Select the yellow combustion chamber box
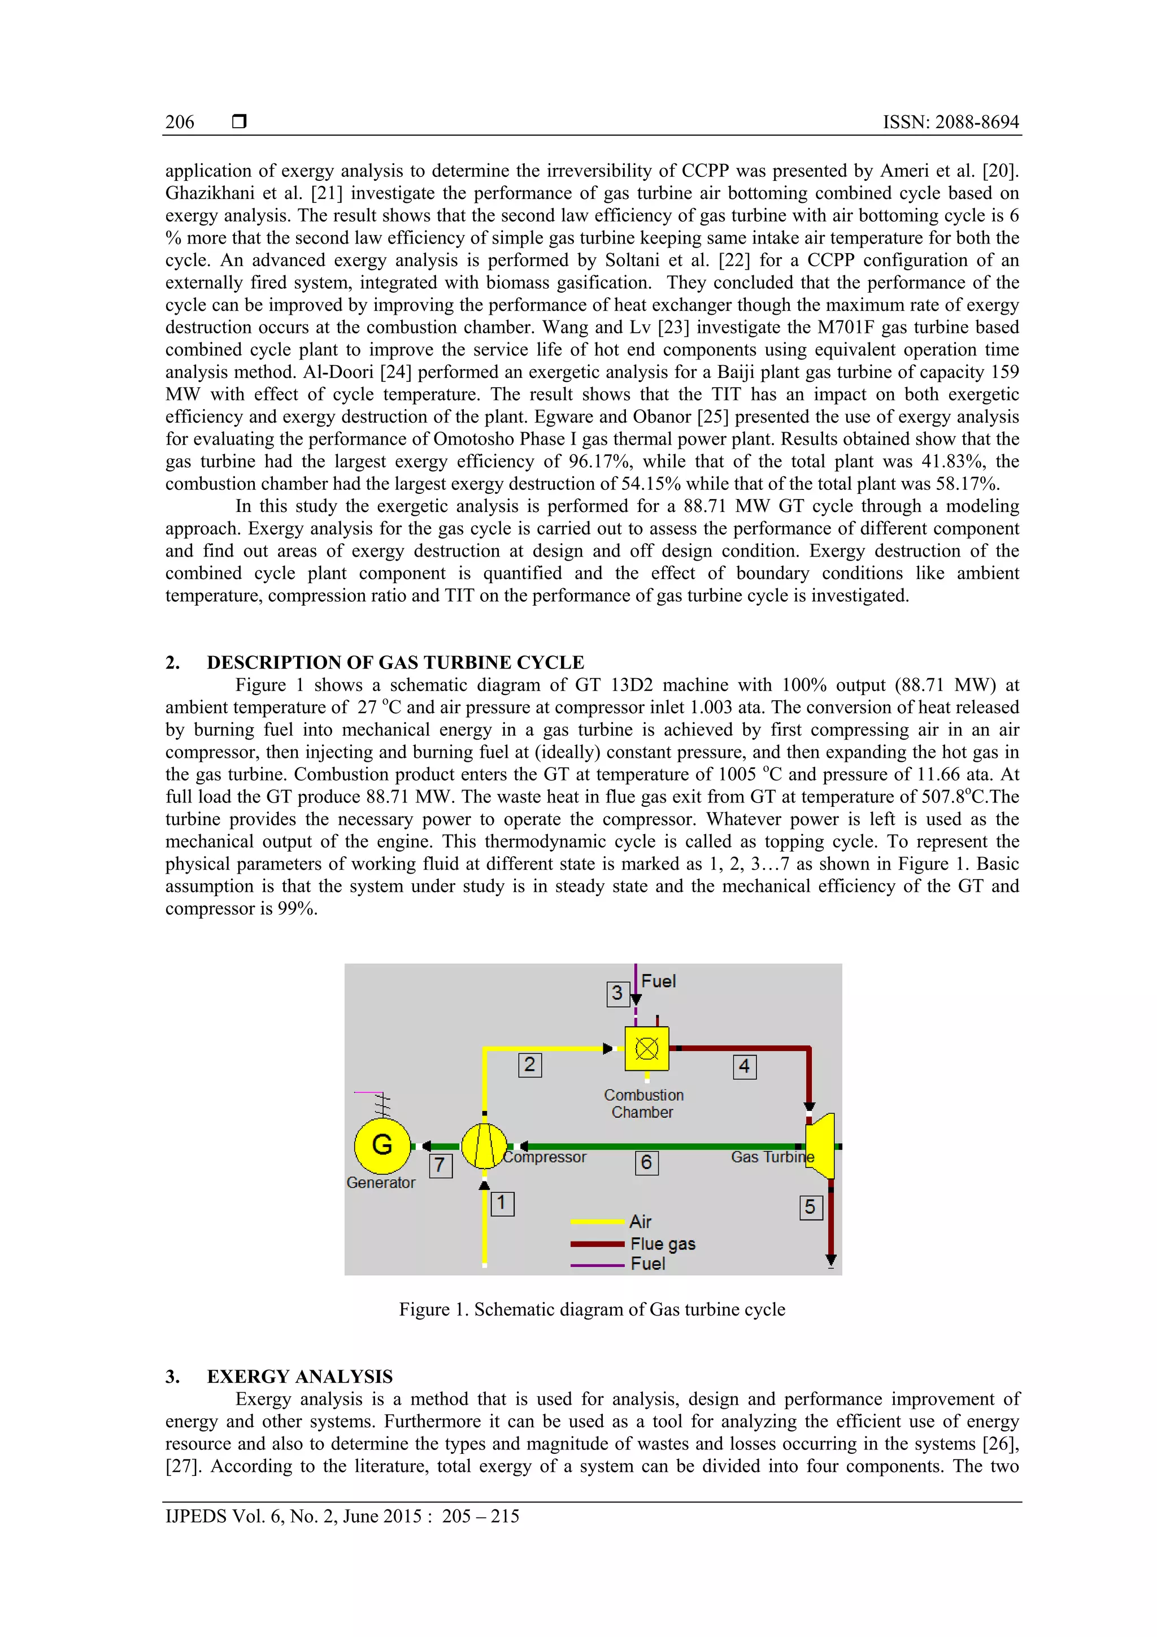point(647,1048)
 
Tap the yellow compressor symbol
point(484,1146)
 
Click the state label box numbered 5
point(811,1207)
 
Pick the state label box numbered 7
point(441,1166)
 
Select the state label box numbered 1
point(502,1204)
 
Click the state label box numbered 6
point(647,1163)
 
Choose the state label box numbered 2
point(530,1065)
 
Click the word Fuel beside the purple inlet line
point(658,981)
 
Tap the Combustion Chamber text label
point(643,1104)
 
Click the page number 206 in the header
point(180,122)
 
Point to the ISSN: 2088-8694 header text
point(950,122)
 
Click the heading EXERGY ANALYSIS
point(299,1376)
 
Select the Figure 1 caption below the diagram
point(591,1309)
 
